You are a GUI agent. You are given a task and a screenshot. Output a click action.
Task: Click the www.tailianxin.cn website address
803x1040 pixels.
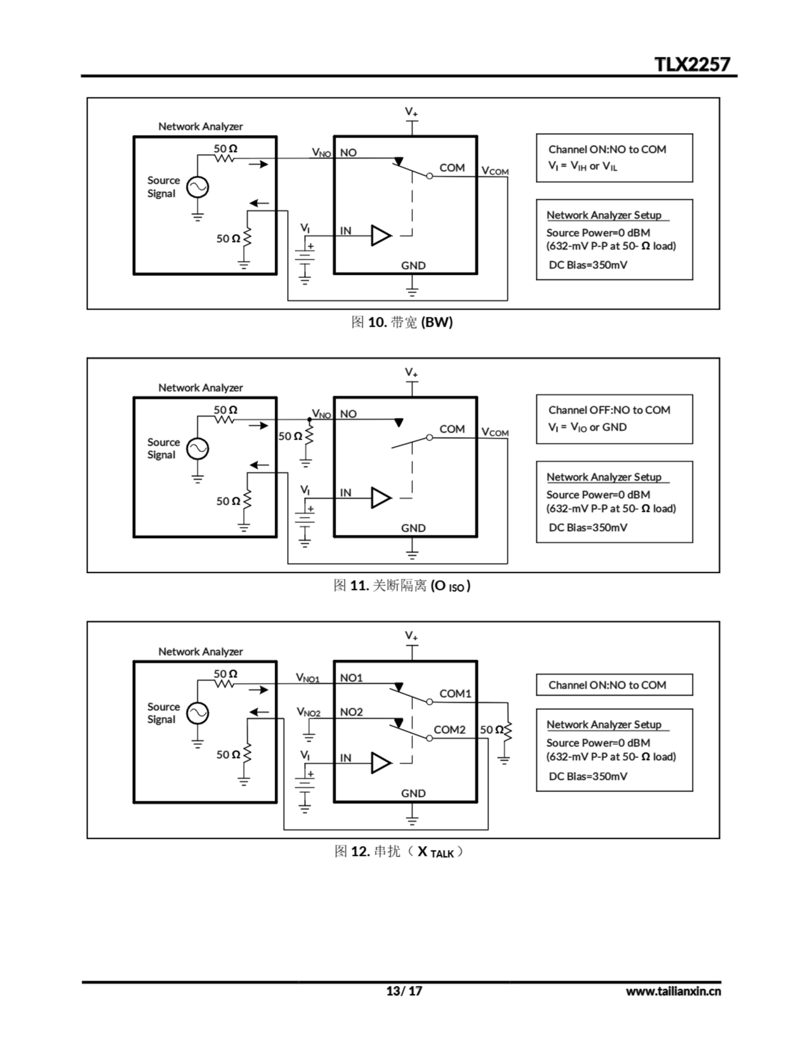(x=673, y=991)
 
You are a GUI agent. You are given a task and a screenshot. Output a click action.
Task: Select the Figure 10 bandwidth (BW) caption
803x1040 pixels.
(x=402, y=323)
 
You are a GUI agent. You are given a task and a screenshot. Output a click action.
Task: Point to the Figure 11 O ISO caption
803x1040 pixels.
(x=402, y=585)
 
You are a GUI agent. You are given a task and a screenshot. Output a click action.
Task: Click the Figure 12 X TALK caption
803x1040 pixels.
(x=399, y=851)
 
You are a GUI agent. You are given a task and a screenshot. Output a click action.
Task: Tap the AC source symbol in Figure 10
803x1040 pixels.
(x=197, y=187)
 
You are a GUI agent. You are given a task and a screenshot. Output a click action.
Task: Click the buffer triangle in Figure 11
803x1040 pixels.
(x=381, y=498)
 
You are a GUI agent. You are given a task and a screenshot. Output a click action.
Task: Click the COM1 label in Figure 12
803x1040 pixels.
(x=455, y=693)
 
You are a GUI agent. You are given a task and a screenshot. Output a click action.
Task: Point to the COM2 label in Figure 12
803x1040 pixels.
(x=449, y=730)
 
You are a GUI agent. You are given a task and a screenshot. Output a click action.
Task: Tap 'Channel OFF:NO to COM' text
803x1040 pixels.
(x=609, y=410)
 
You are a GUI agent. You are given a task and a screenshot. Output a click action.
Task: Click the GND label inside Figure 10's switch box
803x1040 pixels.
(x=413, y=266)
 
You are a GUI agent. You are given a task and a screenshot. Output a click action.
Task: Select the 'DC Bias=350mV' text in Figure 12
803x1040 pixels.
(x=588, y=776)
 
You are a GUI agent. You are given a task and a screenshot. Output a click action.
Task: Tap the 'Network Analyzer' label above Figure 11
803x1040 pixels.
(x=201, y=388)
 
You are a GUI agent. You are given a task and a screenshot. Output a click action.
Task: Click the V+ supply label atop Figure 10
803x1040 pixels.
(x=411, y=112)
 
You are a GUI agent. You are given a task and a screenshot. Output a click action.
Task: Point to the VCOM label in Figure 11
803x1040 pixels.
(x=495, y=432)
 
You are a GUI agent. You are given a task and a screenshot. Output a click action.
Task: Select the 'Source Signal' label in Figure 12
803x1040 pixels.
(x=163, y=713)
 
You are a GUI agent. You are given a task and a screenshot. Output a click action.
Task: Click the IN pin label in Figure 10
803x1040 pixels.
(x=345, y=231)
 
